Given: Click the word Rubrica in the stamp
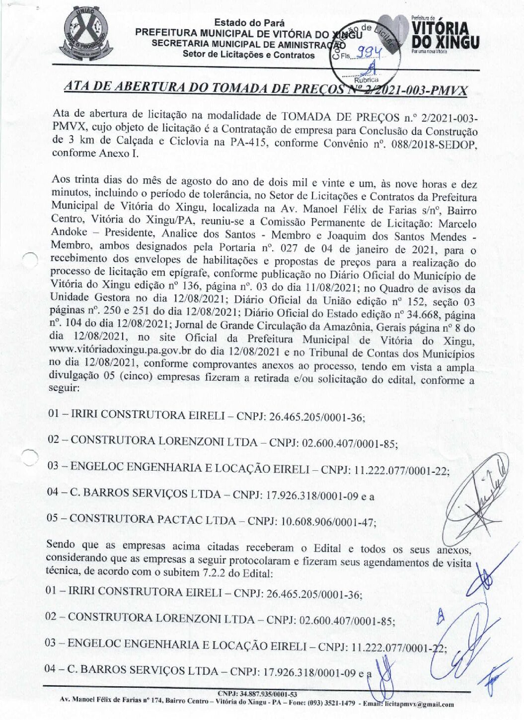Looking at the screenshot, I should (366, 79).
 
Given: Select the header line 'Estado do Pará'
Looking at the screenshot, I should (249, 23).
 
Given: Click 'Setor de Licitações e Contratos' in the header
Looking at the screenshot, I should (248, 55).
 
